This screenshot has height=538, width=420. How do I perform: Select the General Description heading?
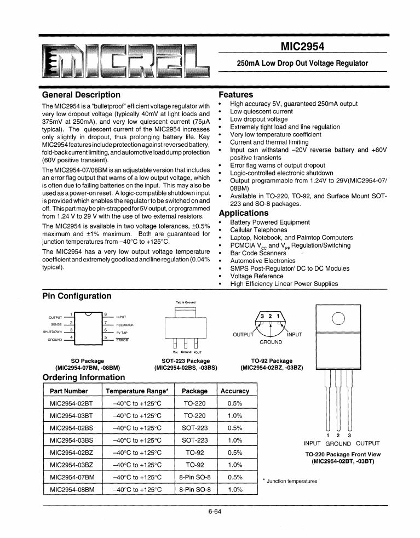(81, 95)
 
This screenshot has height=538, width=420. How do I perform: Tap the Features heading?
(235, 95)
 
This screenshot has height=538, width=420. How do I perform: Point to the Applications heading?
(244, 213)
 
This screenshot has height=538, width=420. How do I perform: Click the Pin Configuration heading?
(77, 296)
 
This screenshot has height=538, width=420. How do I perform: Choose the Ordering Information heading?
(84, 377)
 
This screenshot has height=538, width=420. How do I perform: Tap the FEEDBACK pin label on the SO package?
(125, 325)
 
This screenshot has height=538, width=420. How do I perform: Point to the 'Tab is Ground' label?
(186, 302)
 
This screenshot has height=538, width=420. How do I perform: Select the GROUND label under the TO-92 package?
(271, 342)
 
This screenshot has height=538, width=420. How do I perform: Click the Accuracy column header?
(234, 391)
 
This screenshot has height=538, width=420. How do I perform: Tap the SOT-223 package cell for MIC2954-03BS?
(194, 440)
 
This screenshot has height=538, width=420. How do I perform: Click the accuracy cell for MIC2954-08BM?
(234, 489)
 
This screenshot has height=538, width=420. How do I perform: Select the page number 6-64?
(215, 513)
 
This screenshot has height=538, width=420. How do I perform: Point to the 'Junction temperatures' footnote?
(292, 481)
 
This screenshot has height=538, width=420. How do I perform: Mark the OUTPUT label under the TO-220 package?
(367, 444)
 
